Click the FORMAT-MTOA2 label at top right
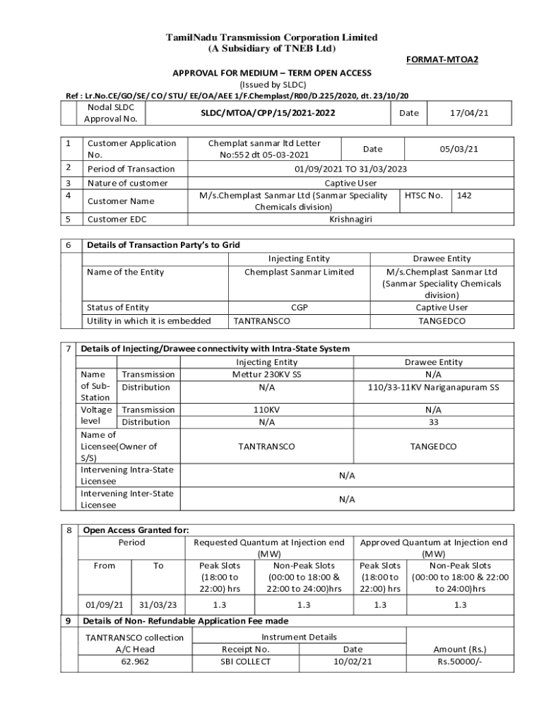click(x=442, y=60)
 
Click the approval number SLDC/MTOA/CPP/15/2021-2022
click(x=268, y=113)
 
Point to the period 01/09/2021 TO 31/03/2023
click(x=350, y=169)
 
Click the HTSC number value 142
click(x=464, y=195)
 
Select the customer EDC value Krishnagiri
click(x=350, y=220)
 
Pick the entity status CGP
click(x=299, y=308)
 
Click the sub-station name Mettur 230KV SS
click(x=266, y=374)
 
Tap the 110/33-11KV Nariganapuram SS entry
click(x=433, y=387)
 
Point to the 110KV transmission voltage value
click(x=266, y=410)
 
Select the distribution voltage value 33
click(x=433, y=422)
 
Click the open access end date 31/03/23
click(x=158, y=605)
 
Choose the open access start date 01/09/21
click(x=105, y=605)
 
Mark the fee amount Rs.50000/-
click(x=460, y=662)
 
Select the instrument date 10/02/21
click(x=353, y=662)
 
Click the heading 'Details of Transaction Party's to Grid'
click(x=163, y=245)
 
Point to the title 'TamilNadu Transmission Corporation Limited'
click(x=271, y=37)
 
